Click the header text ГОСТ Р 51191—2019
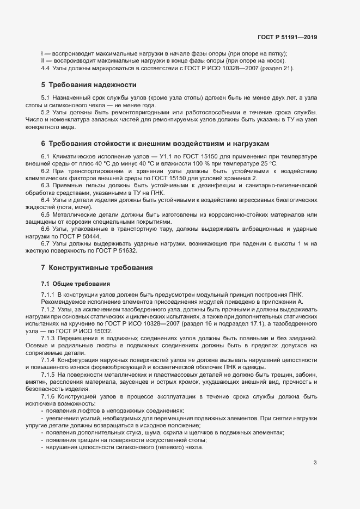[287, 37]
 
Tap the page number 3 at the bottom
[315, 463]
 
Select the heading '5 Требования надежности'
[89, 85]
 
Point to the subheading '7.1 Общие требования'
[76, 284]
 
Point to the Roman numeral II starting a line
[42, 61]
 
